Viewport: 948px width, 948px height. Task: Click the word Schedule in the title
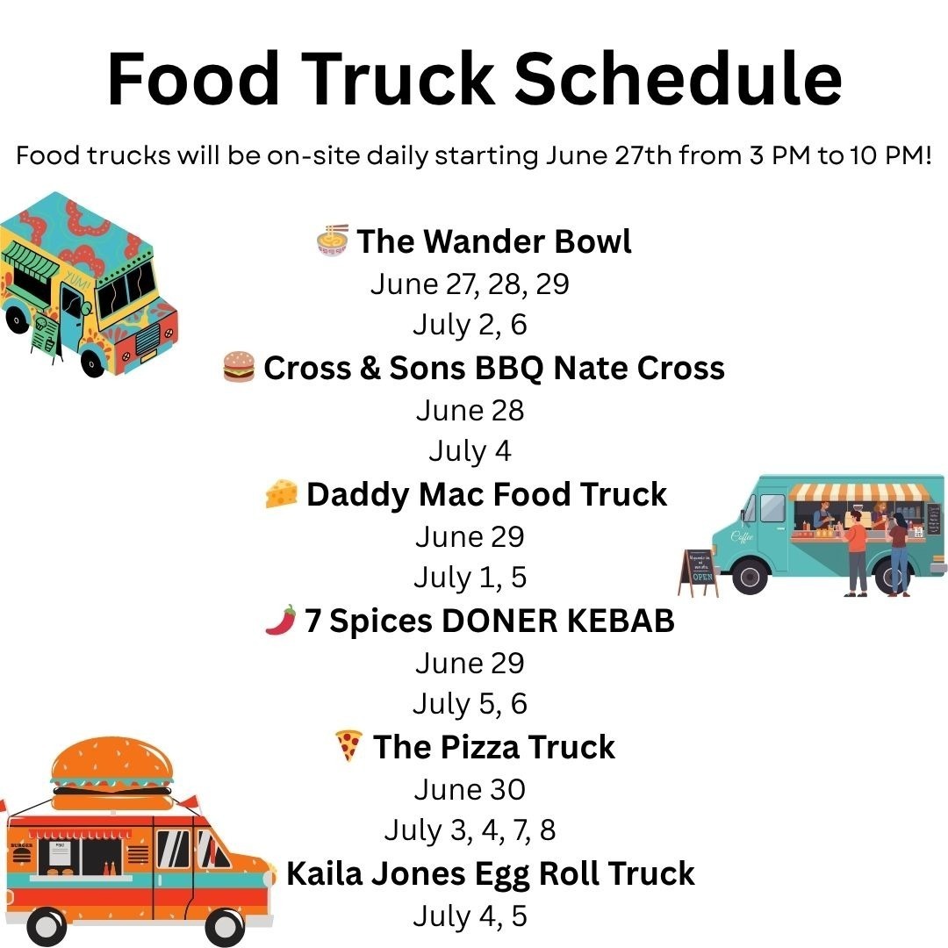click(678, 79)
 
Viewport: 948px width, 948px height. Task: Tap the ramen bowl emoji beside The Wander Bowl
click(333, 240)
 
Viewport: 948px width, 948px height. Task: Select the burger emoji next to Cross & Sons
click(239, 366)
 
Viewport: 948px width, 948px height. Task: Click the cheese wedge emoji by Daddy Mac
click(282, 493)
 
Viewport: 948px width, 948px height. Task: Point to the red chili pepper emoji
click(281, 620)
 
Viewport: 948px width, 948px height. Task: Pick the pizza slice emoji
click(348, 745)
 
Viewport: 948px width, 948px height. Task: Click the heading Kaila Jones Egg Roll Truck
click(491, 873)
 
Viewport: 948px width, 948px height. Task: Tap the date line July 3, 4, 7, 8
click(470, 830)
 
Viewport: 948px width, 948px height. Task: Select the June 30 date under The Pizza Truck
click(470, 789)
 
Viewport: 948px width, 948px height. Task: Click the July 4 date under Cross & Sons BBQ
click(470, 451)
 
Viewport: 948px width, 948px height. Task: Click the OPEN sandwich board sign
click(700, 572)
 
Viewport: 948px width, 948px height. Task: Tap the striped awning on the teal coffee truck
click(859, 492)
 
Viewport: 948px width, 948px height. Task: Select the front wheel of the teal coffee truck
click(750, 576)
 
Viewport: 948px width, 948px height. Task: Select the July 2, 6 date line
click(470, 325)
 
